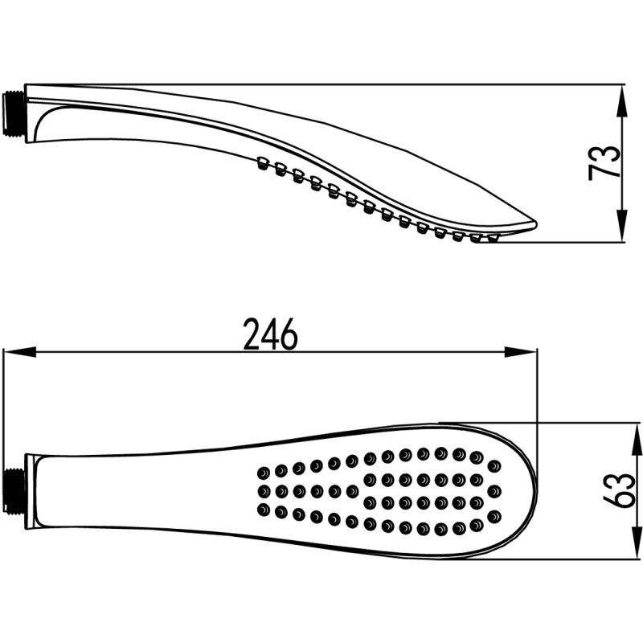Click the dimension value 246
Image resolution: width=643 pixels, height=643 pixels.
pyautogui.click(x=270, y=334)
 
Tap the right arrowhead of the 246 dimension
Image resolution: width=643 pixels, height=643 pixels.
pyautogui.click(x=520, y=351)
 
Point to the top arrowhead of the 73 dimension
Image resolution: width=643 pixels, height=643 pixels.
pyautogui.click(x=622, y=101)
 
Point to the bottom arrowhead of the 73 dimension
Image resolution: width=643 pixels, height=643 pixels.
pyautogui.click(x=622, y=226)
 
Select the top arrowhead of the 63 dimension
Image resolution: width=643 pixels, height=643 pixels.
pyautogui.click(x=637, y=439)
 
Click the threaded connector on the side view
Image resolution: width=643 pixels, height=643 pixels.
pyautogui.click(x=14, y=113)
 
